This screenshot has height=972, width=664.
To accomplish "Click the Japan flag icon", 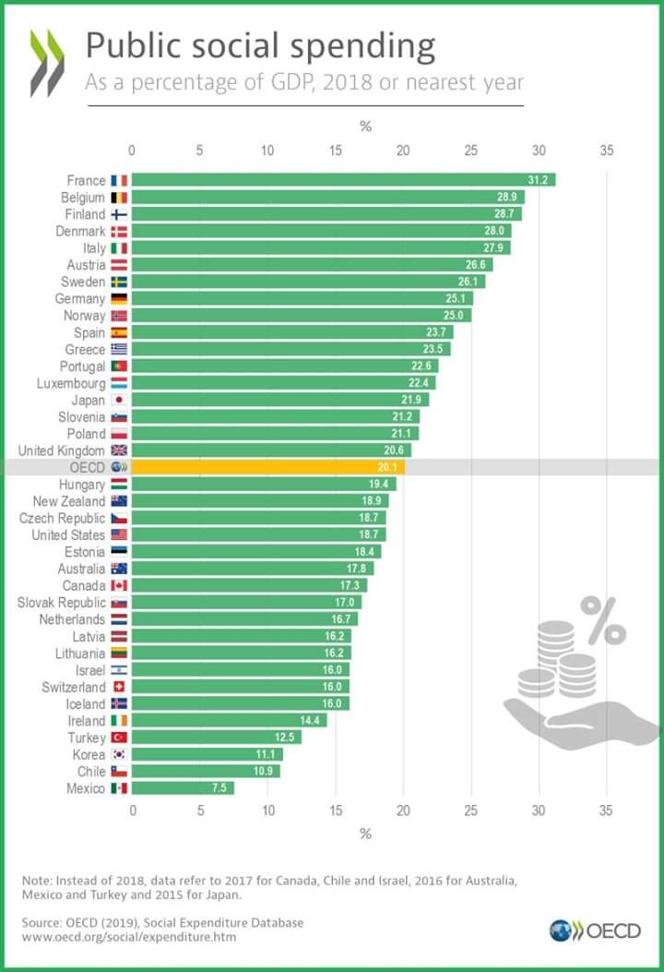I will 119,400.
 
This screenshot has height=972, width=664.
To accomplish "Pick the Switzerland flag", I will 119,687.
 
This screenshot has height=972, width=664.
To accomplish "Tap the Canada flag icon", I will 119,585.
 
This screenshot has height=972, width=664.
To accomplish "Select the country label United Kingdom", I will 61,450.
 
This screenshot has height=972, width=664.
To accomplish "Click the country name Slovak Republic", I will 61,603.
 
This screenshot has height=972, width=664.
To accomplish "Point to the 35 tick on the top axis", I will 606,150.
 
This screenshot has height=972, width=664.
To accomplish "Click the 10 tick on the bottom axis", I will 267,810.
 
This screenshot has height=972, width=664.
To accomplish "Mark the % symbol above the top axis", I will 365,126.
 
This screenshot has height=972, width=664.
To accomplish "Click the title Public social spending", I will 260,46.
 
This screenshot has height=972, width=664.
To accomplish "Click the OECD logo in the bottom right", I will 595,930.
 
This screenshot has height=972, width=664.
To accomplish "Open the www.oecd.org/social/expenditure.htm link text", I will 129,937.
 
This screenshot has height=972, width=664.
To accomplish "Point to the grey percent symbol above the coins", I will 603,620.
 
